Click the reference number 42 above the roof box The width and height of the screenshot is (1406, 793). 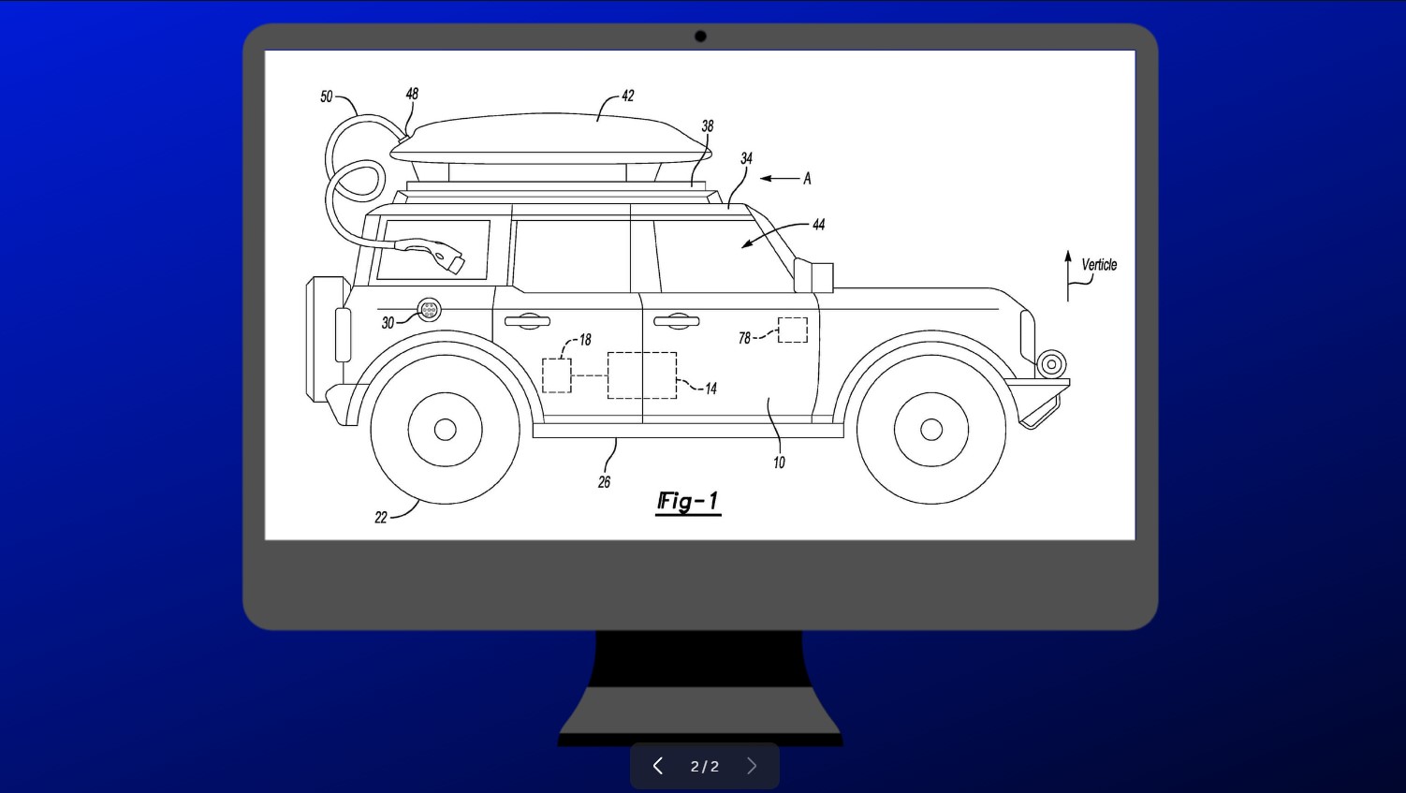(x=627, y=95)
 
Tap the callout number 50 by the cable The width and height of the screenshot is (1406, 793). (x=327, y=96)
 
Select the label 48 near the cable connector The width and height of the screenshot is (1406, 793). (x=412, y=94)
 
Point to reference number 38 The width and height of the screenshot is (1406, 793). (x=708, y=125)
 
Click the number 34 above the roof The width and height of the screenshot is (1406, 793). (x=746, y=158)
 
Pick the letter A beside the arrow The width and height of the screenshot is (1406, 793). (x=807, y=178)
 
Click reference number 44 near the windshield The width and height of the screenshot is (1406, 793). (x=819, y=225)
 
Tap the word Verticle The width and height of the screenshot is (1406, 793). (x=1099, y=265)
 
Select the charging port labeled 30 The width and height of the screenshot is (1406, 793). (x=429, y=309)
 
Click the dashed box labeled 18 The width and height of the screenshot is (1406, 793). (x=557, y=375)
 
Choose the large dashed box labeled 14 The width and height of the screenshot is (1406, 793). (x=642, y=375)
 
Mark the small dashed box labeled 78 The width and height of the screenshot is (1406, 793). (x=793, y=330)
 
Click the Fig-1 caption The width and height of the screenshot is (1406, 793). (x=688, y=502)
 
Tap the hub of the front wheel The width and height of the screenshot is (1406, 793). (x=931, y=429)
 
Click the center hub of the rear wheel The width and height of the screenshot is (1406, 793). (x=446, y=429)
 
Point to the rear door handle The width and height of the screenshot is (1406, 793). (x=527, y=322)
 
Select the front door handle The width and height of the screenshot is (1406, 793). (x=676, y=321)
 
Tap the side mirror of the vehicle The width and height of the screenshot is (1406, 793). (x=813, y=276)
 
